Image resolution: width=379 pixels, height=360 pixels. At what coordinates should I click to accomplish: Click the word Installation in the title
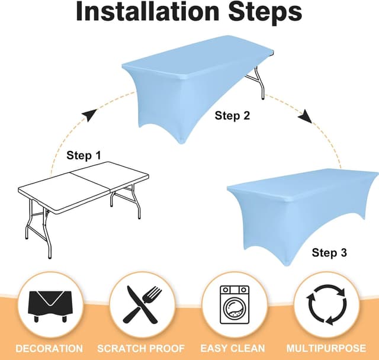[149, 12]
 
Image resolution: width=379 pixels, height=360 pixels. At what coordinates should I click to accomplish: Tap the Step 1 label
[83, 156]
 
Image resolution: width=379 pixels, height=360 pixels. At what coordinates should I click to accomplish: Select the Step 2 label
[232, 116]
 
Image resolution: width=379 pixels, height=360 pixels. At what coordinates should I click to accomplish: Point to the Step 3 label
[329, 253]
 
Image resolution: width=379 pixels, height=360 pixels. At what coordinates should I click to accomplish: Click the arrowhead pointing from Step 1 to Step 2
[89, 115]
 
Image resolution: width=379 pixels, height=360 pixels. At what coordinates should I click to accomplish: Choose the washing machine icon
[235, 304]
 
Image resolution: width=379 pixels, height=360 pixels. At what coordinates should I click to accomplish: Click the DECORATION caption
[49, 349]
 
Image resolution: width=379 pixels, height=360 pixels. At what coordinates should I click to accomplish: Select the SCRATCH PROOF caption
[141, 349]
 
